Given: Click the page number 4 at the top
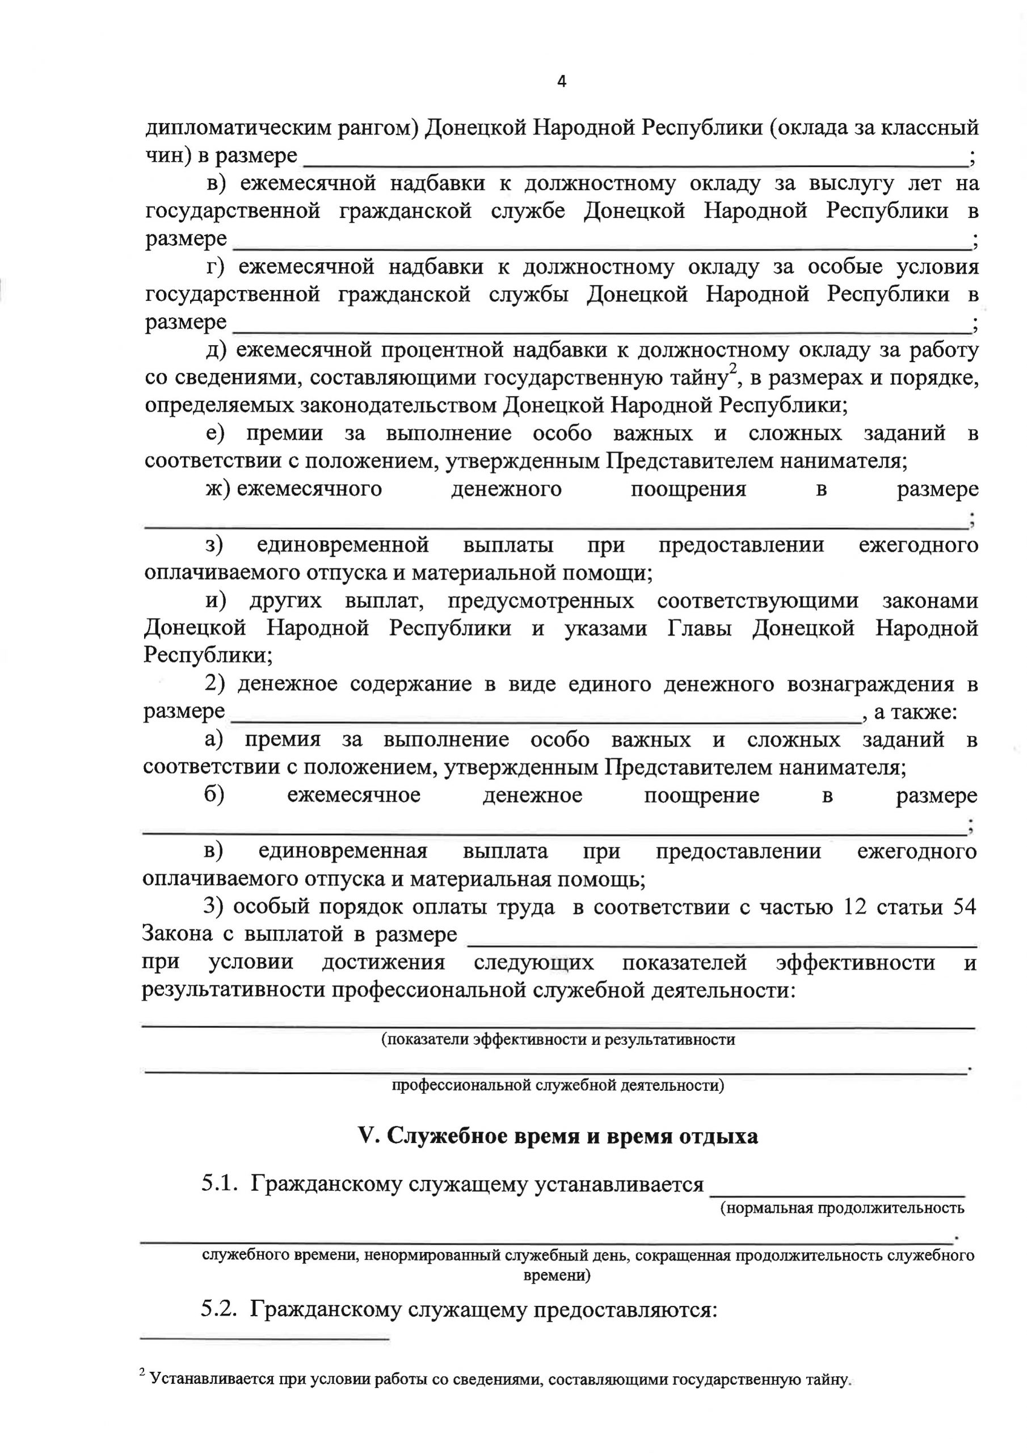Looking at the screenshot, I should (x=561, y=82).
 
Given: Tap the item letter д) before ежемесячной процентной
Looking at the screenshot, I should (x=216, y=350).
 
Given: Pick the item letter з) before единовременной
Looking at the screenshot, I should (x=214, y=545).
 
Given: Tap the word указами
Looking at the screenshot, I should (x=605, y=628).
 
